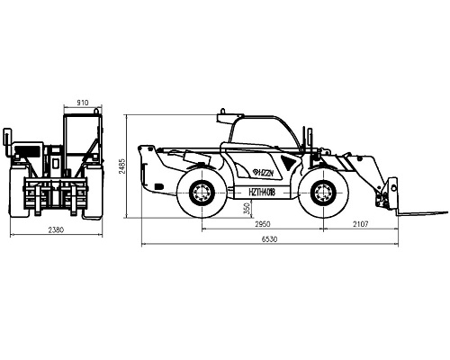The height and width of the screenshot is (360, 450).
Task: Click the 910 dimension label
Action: (x=83, y=103)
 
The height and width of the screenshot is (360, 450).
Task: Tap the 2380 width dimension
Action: (x=56, y=229)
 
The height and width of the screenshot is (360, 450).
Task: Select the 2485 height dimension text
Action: (x=122, y=166)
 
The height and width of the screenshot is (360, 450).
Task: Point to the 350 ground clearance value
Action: (x=247, y=208)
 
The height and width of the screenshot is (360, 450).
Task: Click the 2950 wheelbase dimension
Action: (x=263, y=224)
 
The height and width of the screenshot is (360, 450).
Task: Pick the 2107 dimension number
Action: (x=360, y=224)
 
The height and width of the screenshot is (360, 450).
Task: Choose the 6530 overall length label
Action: (x=269, y=239)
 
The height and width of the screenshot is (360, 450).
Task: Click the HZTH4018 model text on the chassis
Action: (x=262, y=192)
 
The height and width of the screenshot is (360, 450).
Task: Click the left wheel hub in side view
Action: (x=202, y=193)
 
